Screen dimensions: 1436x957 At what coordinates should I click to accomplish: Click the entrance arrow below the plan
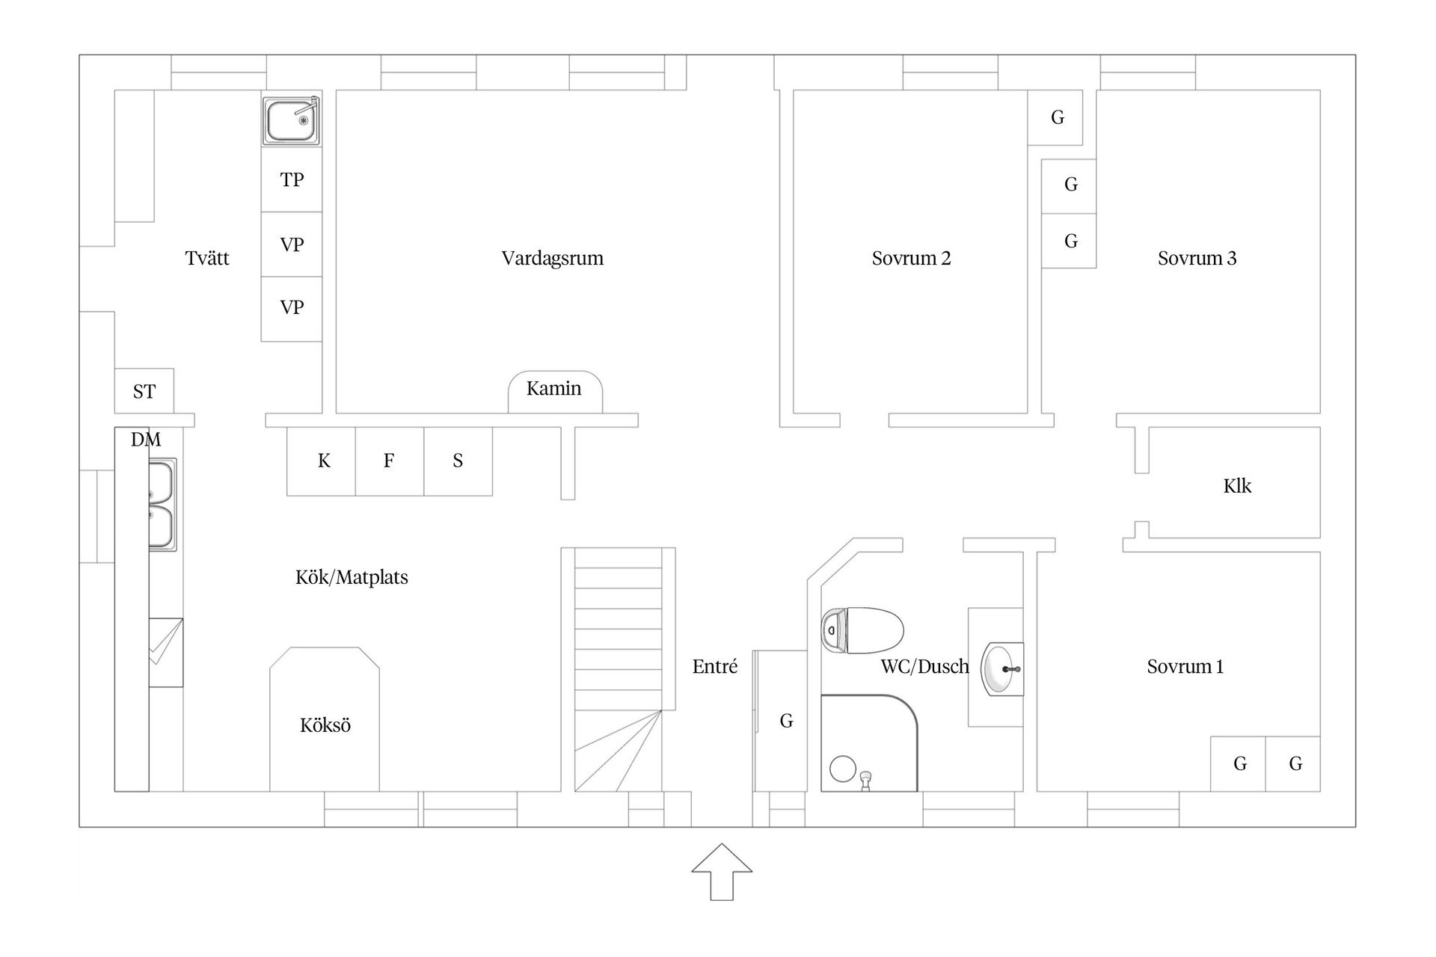[x=721, y=872]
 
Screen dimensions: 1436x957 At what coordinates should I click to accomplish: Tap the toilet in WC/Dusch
[x=862, y=630]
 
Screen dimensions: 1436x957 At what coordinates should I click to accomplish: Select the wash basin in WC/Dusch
[x=1002, y=669]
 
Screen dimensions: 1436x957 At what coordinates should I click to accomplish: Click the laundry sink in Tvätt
[x=292, y=120]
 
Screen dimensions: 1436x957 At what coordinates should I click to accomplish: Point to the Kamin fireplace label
[x=553, y=388]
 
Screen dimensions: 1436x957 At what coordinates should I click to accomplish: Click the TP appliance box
[x=292, y=179]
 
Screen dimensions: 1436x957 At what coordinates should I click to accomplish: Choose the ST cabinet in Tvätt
[x=144, y=391]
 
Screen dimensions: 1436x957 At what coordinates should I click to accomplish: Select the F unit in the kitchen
[x=390, y=461]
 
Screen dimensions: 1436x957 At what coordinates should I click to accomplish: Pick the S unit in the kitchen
[x=458, y=461]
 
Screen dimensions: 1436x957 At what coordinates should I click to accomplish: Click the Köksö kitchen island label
[x=325, y=725]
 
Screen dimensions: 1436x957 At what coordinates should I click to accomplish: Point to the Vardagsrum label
[x=553, y=259]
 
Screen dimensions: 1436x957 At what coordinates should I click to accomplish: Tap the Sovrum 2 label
[x=911, y=259]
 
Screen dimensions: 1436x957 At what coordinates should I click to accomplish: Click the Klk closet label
[x=1237, y=486]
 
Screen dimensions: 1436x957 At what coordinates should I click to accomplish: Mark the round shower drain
[x=843, y=769]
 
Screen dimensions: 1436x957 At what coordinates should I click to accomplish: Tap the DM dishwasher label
[x=146, y=440]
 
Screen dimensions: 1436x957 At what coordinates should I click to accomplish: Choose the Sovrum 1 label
[x=1185, y=667]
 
